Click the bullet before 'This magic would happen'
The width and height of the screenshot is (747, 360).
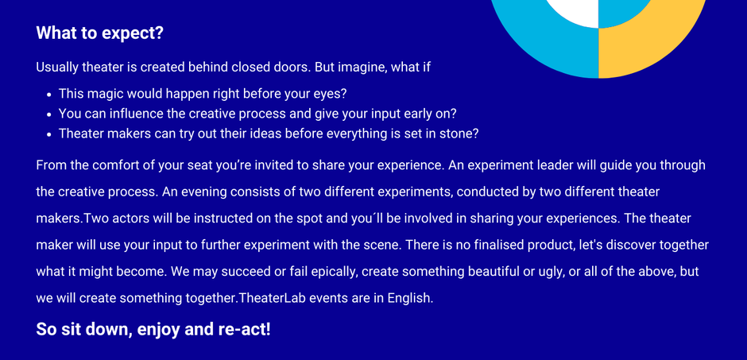click(x=49, y=95)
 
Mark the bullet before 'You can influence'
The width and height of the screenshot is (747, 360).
click(x=49, y=114)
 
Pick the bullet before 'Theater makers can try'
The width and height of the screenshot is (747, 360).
click(x=49, y=134)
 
